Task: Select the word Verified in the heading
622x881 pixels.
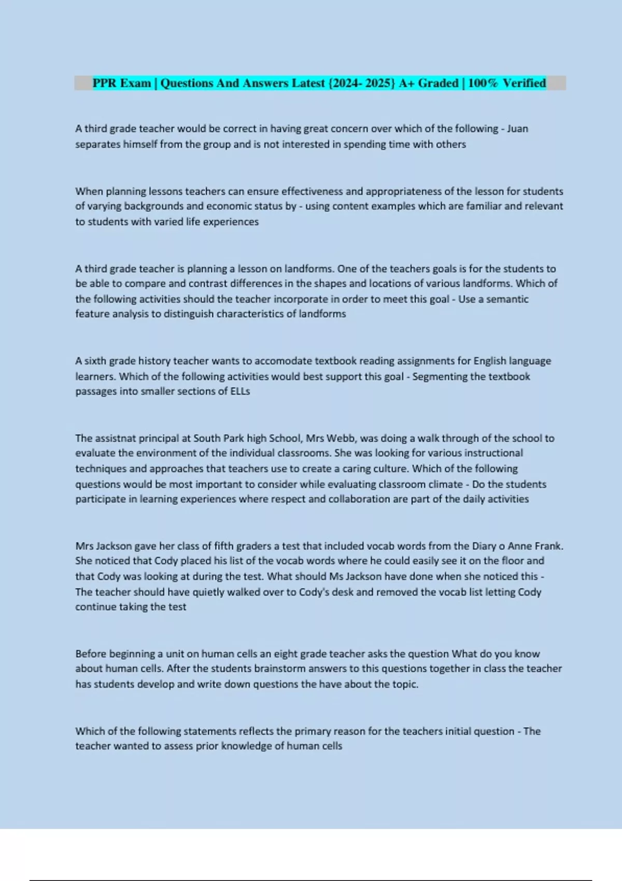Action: tap(524, 83)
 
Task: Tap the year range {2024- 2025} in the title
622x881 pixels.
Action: tap(361, 83)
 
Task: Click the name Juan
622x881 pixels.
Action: tap(517, 129)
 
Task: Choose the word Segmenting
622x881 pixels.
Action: tap(440, 376)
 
